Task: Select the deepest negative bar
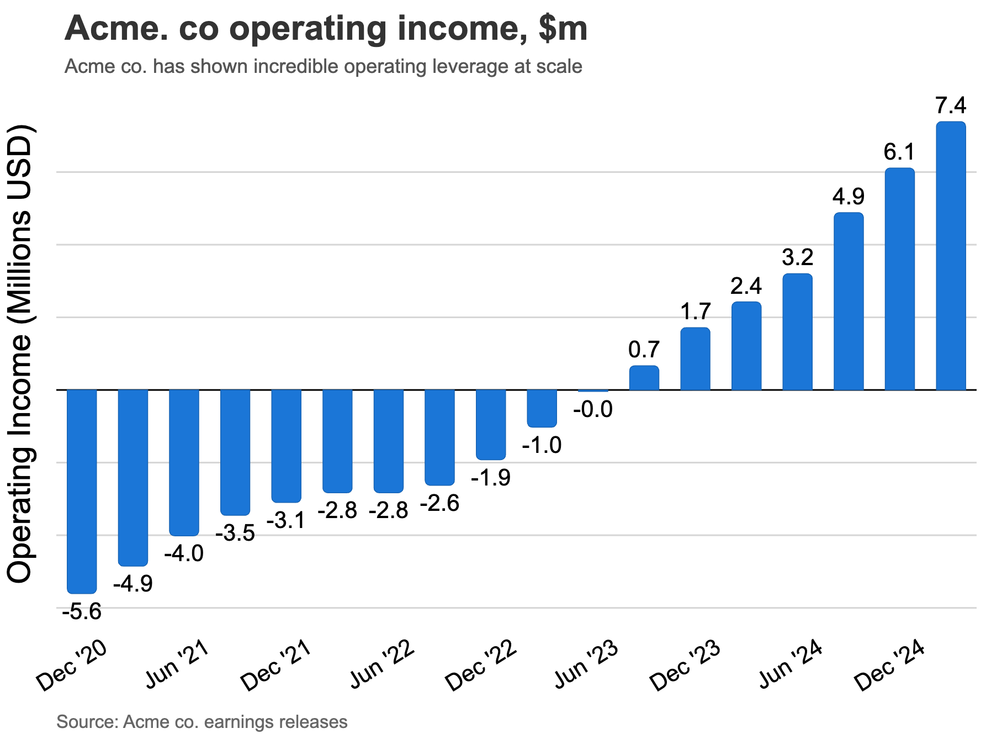pos(82,491)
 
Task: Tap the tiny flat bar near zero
pos(593,390)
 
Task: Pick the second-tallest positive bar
pos(899,279)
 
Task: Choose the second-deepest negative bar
pos(133,477)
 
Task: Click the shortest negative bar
pos(542,408)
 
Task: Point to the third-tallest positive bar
pos(849,301)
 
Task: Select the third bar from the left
pos(184,462)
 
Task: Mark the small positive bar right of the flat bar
pos(644,378)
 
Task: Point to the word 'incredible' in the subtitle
pos(295,66)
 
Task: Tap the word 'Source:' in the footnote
pos(87,722)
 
